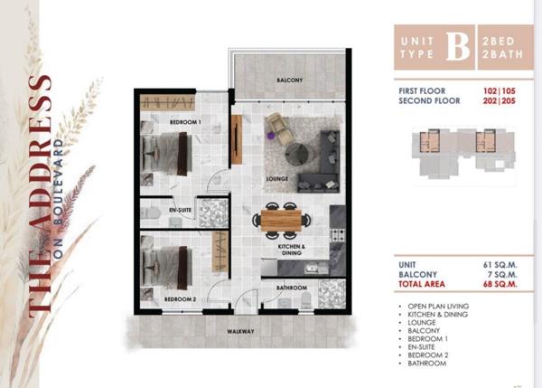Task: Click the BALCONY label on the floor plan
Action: point(290,80)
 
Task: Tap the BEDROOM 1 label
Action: point(185,122)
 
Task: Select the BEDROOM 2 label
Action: point(180,299)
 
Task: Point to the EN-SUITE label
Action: point(180,210)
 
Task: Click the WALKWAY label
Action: point(240,331)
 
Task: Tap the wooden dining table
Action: point(281,221)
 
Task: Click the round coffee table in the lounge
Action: point(299,153)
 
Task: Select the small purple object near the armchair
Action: point(271,136)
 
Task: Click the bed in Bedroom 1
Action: point(167,154)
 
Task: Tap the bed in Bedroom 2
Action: point(167,268)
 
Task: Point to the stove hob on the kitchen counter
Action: point(337,235)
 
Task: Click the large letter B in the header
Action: point(458,47)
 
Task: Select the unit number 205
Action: point(509,101)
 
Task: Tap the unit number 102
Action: point(491,91)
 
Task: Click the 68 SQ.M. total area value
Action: point(500,284)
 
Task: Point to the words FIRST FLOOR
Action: point(422,91)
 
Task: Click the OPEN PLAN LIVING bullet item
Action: point(438,307)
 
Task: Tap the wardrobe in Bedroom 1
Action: point(168,103)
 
